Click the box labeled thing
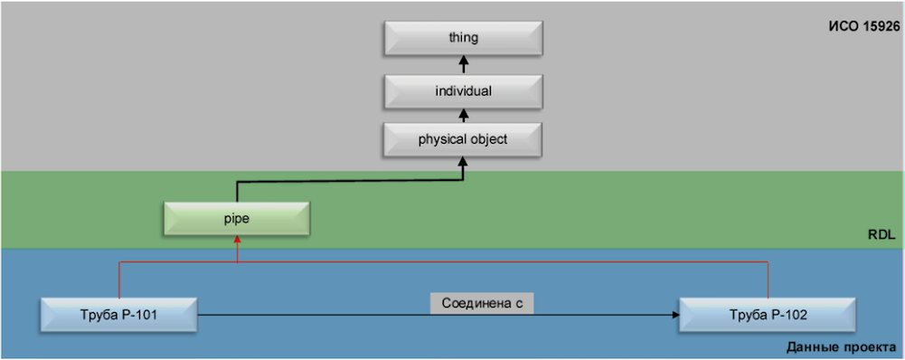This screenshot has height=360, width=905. [463, 38]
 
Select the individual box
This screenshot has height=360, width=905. [463, 90]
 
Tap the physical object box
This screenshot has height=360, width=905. [463, 139]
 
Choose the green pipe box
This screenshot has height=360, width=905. [237, 219]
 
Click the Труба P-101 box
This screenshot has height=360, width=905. [119, 316]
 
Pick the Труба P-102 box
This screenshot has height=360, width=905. [768, 316]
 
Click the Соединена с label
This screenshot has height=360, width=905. [482, 303]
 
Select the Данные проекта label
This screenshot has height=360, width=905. [842, 347]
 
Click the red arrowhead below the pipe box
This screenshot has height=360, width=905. [237, 241]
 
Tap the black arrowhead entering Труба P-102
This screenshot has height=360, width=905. [674, 316]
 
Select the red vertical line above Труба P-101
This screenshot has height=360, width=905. [119, 279]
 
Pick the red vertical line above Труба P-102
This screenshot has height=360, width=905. [768, 279]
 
